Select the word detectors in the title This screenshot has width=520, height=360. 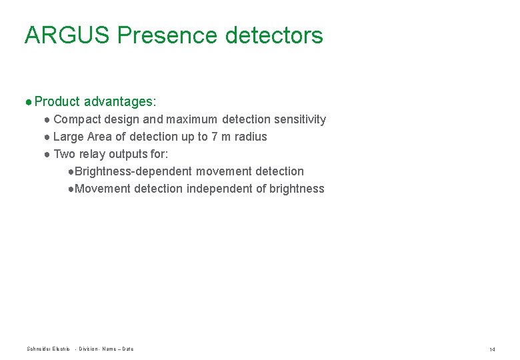point(274,35)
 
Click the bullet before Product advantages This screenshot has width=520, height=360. point(28,102)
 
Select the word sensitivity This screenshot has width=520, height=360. point(298,119)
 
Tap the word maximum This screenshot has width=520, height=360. point(191,119)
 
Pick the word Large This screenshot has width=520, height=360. point(68,137)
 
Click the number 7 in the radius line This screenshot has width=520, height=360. point(214,137)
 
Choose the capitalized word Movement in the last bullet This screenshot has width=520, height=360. point(103,189)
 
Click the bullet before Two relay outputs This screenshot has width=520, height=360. point(47,154)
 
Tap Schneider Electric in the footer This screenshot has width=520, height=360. point(48,349)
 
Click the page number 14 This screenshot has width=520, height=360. point(492,349)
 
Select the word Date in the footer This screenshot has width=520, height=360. point(128,349)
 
